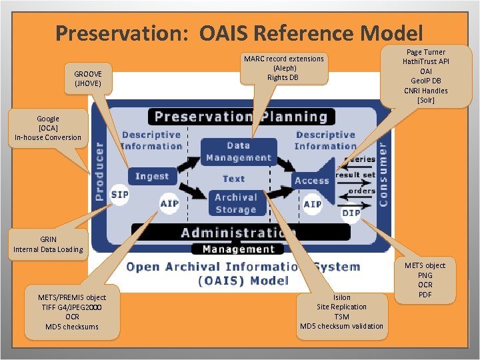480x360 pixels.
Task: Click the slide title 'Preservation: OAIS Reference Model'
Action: coord(239,33)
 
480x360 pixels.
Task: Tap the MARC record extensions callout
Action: coord(283,68)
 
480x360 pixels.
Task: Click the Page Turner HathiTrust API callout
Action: coord(425,76)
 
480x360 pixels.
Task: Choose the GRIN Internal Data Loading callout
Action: coord(48,244)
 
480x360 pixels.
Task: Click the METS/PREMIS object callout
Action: coord(72,311)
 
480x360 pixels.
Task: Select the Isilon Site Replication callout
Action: coord(341,311)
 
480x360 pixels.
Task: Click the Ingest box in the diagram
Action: coord(152,176)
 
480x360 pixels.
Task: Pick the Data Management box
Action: coord(239,152)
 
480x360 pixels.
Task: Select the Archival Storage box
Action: coord(236,203)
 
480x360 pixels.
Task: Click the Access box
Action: coord(312,180)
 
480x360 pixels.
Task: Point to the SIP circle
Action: coord(120,195)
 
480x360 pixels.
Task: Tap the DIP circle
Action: coord(351,213)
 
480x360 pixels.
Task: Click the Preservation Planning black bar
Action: coord(241,117)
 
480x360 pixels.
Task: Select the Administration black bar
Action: coord(241,232)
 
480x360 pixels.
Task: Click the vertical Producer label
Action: coord(99,171)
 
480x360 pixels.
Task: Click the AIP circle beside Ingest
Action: coord(169,203)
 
